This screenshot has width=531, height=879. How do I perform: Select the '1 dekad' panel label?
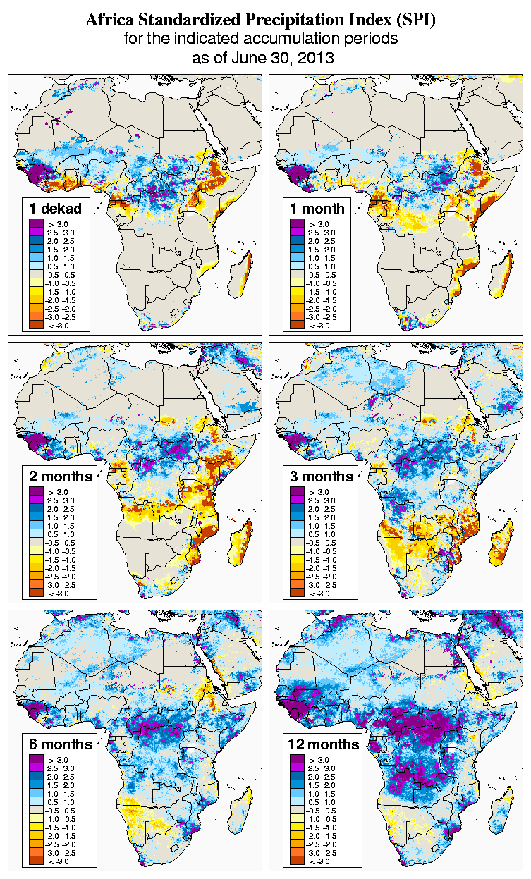(56, 208)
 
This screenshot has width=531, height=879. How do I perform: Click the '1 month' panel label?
(317, 208)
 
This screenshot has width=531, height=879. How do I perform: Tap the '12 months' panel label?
(324, 744)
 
